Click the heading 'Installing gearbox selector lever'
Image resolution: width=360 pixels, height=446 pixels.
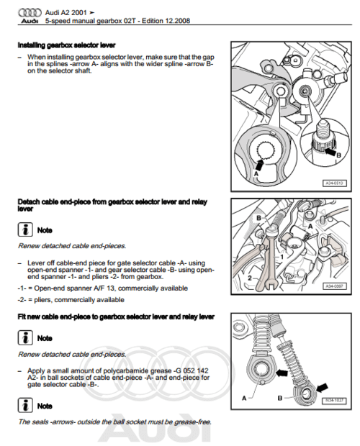pyautogui.click(x=66, y=46)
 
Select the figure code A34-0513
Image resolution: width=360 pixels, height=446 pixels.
pyautogui.click(x=335, y=182)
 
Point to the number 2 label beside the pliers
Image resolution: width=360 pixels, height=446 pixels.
pyautogui.click(x=250, y=276)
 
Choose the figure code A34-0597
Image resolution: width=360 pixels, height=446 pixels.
pyautogui.click(x=335, y=285)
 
